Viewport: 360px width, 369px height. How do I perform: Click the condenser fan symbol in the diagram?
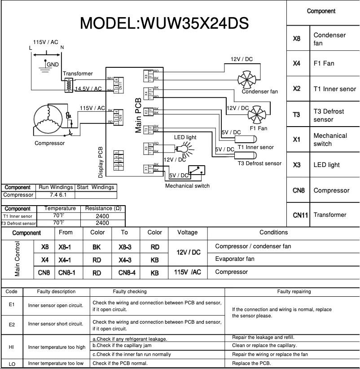coord(247,79)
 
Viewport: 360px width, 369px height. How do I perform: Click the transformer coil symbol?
coord(69,85)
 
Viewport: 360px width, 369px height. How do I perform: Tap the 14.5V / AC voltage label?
coord(89,89)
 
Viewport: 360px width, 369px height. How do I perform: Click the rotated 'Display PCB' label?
coord(101,162)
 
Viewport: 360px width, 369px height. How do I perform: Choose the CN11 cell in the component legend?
coord(300,215)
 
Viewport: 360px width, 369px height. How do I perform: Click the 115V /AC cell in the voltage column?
coord(187,272)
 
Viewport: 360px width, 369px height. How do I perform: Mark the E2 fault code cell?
coord(12,323)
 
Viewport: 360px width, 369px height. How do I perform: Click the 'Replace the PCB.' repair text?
coord(251,363)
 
